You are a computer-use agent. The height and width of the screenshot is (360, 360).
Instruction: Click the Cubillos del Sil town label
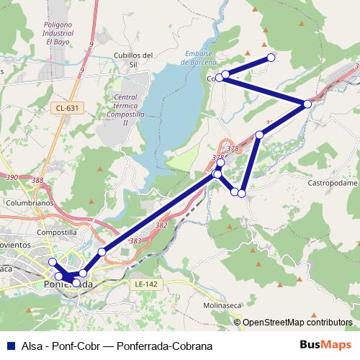click(x=135, y=59)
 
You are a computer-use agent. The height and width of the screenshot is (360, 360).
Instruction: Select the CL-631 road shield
click(x=66, y=108)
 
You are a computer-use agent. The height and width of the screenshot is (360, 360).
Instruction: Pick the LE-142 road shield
click(x=146, y=285)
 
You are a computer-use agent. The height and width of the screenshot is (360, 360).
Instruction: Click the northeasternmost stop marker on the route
click(x=271, y=58)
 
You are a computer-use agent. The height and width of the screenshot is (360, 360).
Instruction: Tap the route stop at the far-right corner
click(x=307, y=104)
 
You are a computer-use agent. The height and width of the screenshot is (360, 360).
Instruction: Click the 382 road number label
click(x=161, y=225)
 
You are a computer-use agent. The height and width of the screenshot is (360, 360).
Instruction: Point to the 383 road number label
click(x=135, y=240)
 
